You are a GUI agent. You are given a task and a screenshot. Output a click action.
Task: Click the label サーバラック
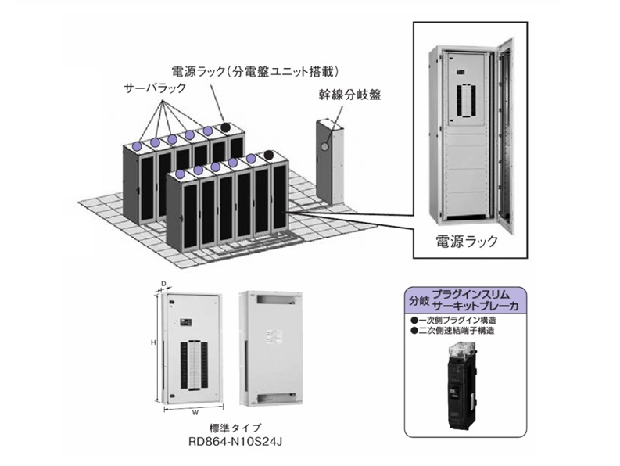(x=155, y=88)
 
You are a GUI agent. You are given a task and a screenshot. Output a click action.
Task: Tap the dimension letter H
(x=154, y=342)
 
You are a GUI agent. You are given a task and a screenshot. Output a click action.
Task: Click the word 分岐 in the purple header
(x=415, y=299)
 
